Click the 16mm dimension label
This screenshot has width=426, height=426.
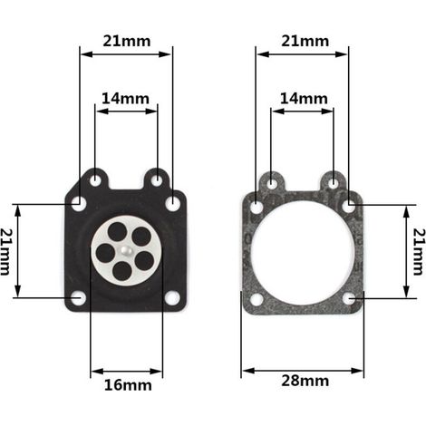pyautogui.click(x=128, y=385)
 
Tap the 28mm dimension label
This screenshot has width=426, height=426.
pyautogui.click(x=305, y=381)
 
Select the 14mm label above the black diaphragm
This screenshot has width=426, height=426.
pyautogui.click(x=125, y=99)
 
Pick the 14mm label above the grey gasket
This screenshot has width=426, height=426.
pyautogui.click(x=304, y=99)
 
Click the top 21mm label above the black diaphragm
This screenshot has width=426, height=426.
pyautogui.click(x=127, y=41)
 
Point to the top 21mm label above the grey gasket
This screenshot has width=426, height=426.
pyautogui.click(x=305, y=41)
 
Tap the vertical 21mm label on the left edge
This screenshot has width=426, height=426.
pyautogui.click(x=6, y=252)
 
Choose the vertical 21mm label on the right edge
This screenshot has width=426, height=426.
pyautogui.click(x=420, y=252)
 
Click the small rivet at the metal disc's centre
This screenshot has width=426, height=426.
pyautogui.click(x=125, y=250)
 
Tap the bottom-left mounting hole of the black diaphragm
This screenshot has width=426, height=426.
pyautogui.click(x=78, y=298)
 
